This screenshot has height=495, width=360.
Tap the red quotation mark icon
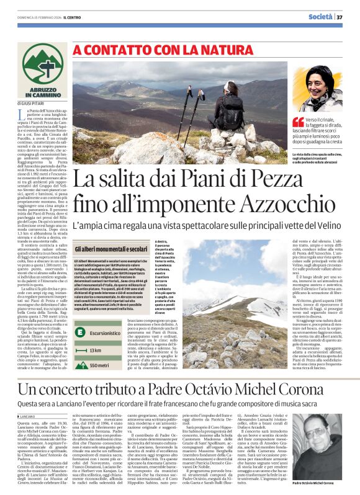click(x=298, y=122)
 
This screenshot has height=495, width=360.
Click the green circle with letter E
click(x=80, y=333)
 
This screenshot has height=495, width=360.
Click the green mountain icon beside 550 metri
click(x=80, y=365)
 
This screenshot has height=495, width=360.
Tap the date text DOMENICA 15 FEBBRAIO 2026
click(x=41, y=17)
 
